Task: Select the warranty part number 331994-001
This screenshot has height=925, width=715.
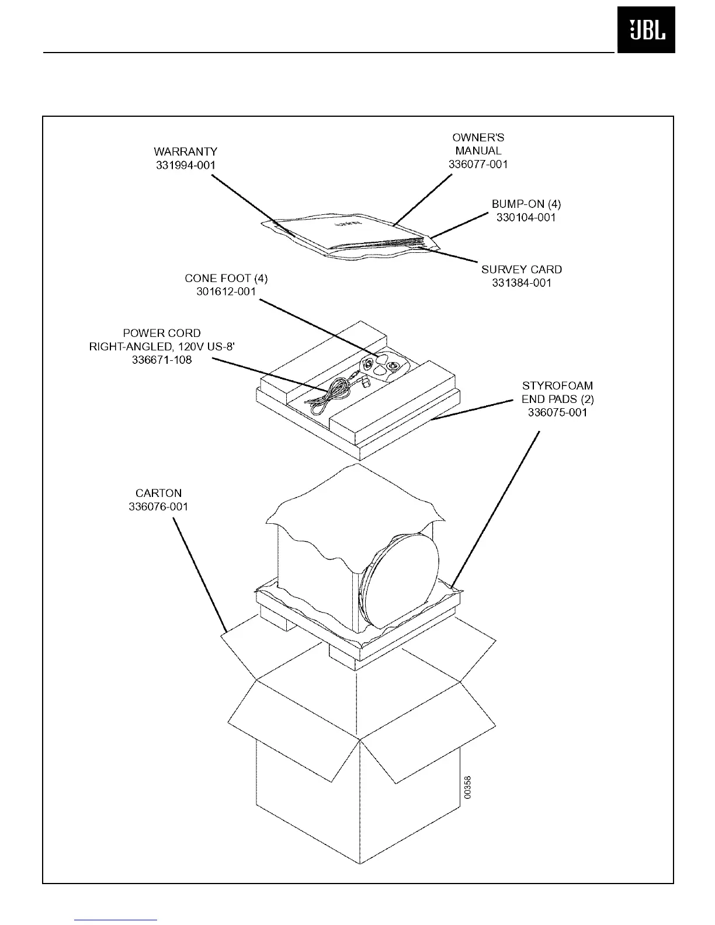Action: [185, 165]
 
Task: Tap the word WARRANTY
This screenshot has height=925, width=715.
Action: [185, 152]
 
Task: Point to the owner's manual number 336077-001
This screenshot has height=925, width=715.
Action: [478, 164]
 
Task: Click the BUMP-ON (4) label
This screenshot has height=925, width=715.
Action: [526, 204]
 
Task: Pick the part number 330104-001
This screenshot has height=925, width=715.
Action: [526, 218]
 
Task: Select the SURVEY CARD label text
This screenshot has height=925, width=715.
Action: [521, 270]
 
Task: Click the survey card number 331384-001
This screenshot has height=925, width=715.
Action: [521, 283]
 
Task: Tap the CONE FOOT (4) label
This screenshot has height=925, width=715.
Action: [226, 279]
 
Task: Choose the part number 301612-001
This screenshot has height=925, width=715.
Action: [226, 291]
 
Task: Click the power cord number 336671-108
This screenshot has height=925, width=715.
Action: [162, 360]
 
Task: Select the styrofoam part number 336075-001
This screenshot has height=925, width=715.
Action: [557, 412]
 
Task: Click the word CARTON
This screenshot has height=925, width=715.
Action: [158, 493]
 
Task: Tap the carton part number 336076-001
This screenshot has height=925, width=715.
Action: [158, 506]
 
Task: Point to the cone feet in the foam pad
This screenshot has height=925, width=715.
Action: [380, 366]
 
